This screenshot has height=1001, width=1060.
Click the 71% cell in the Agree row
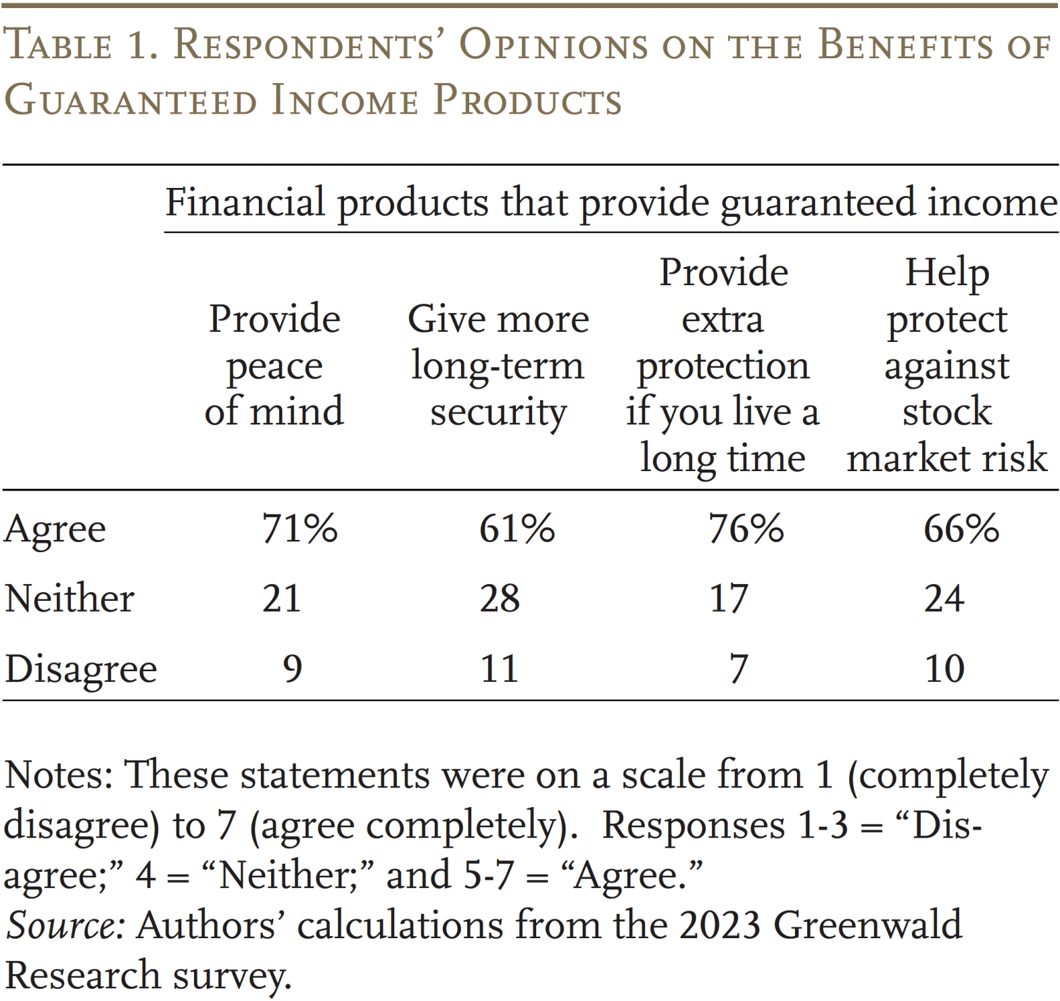pyautogui.click(x=299, y=528)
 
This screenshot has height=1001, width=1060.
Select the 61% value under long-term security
pyautogui.click(x=516, y=528)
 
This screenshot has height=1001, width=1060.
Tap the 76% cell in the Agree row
pyautogui.click(x=746, y=528)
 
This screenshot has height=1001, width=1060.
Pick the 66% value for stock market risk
pyautogui.click(x=961, y=528)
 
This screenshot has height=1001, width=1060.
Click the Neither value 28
pyautogui.click(x=500, y=598)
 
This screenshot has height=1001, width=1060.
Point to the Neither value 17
pyautogui.click(x=729, y=598)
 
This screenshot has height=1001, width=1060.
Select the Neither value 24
pyautogui.click(x=944, y=598)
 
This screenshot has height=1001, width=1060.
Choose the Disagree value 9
pyautogui.click(x=292, y=668)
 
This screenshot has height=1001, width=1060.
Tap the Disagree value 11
pyautogui.click(x=500, y=668)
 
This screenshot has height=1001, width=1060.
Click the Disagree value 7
pyautogui.click(x=738, y=668)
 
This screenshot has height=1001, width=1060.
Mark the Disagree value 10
pyautogui.click(x=944, y=668)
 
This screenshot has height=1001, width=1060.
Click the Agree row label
pyautogui.click(x=55, y=529)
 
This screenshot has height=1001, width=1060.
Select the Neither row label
pyautogui.click(x=69, y=598)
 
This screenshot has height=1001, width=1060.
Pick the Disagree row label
pyautogui.click(x=80, y=670)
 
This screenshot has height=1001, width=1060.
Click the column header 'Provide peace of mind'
pyautogui.click(x=274, y=365)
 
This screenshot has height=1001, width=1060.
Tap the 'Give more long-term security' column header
pyautogui.click(x=498, y=365)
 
